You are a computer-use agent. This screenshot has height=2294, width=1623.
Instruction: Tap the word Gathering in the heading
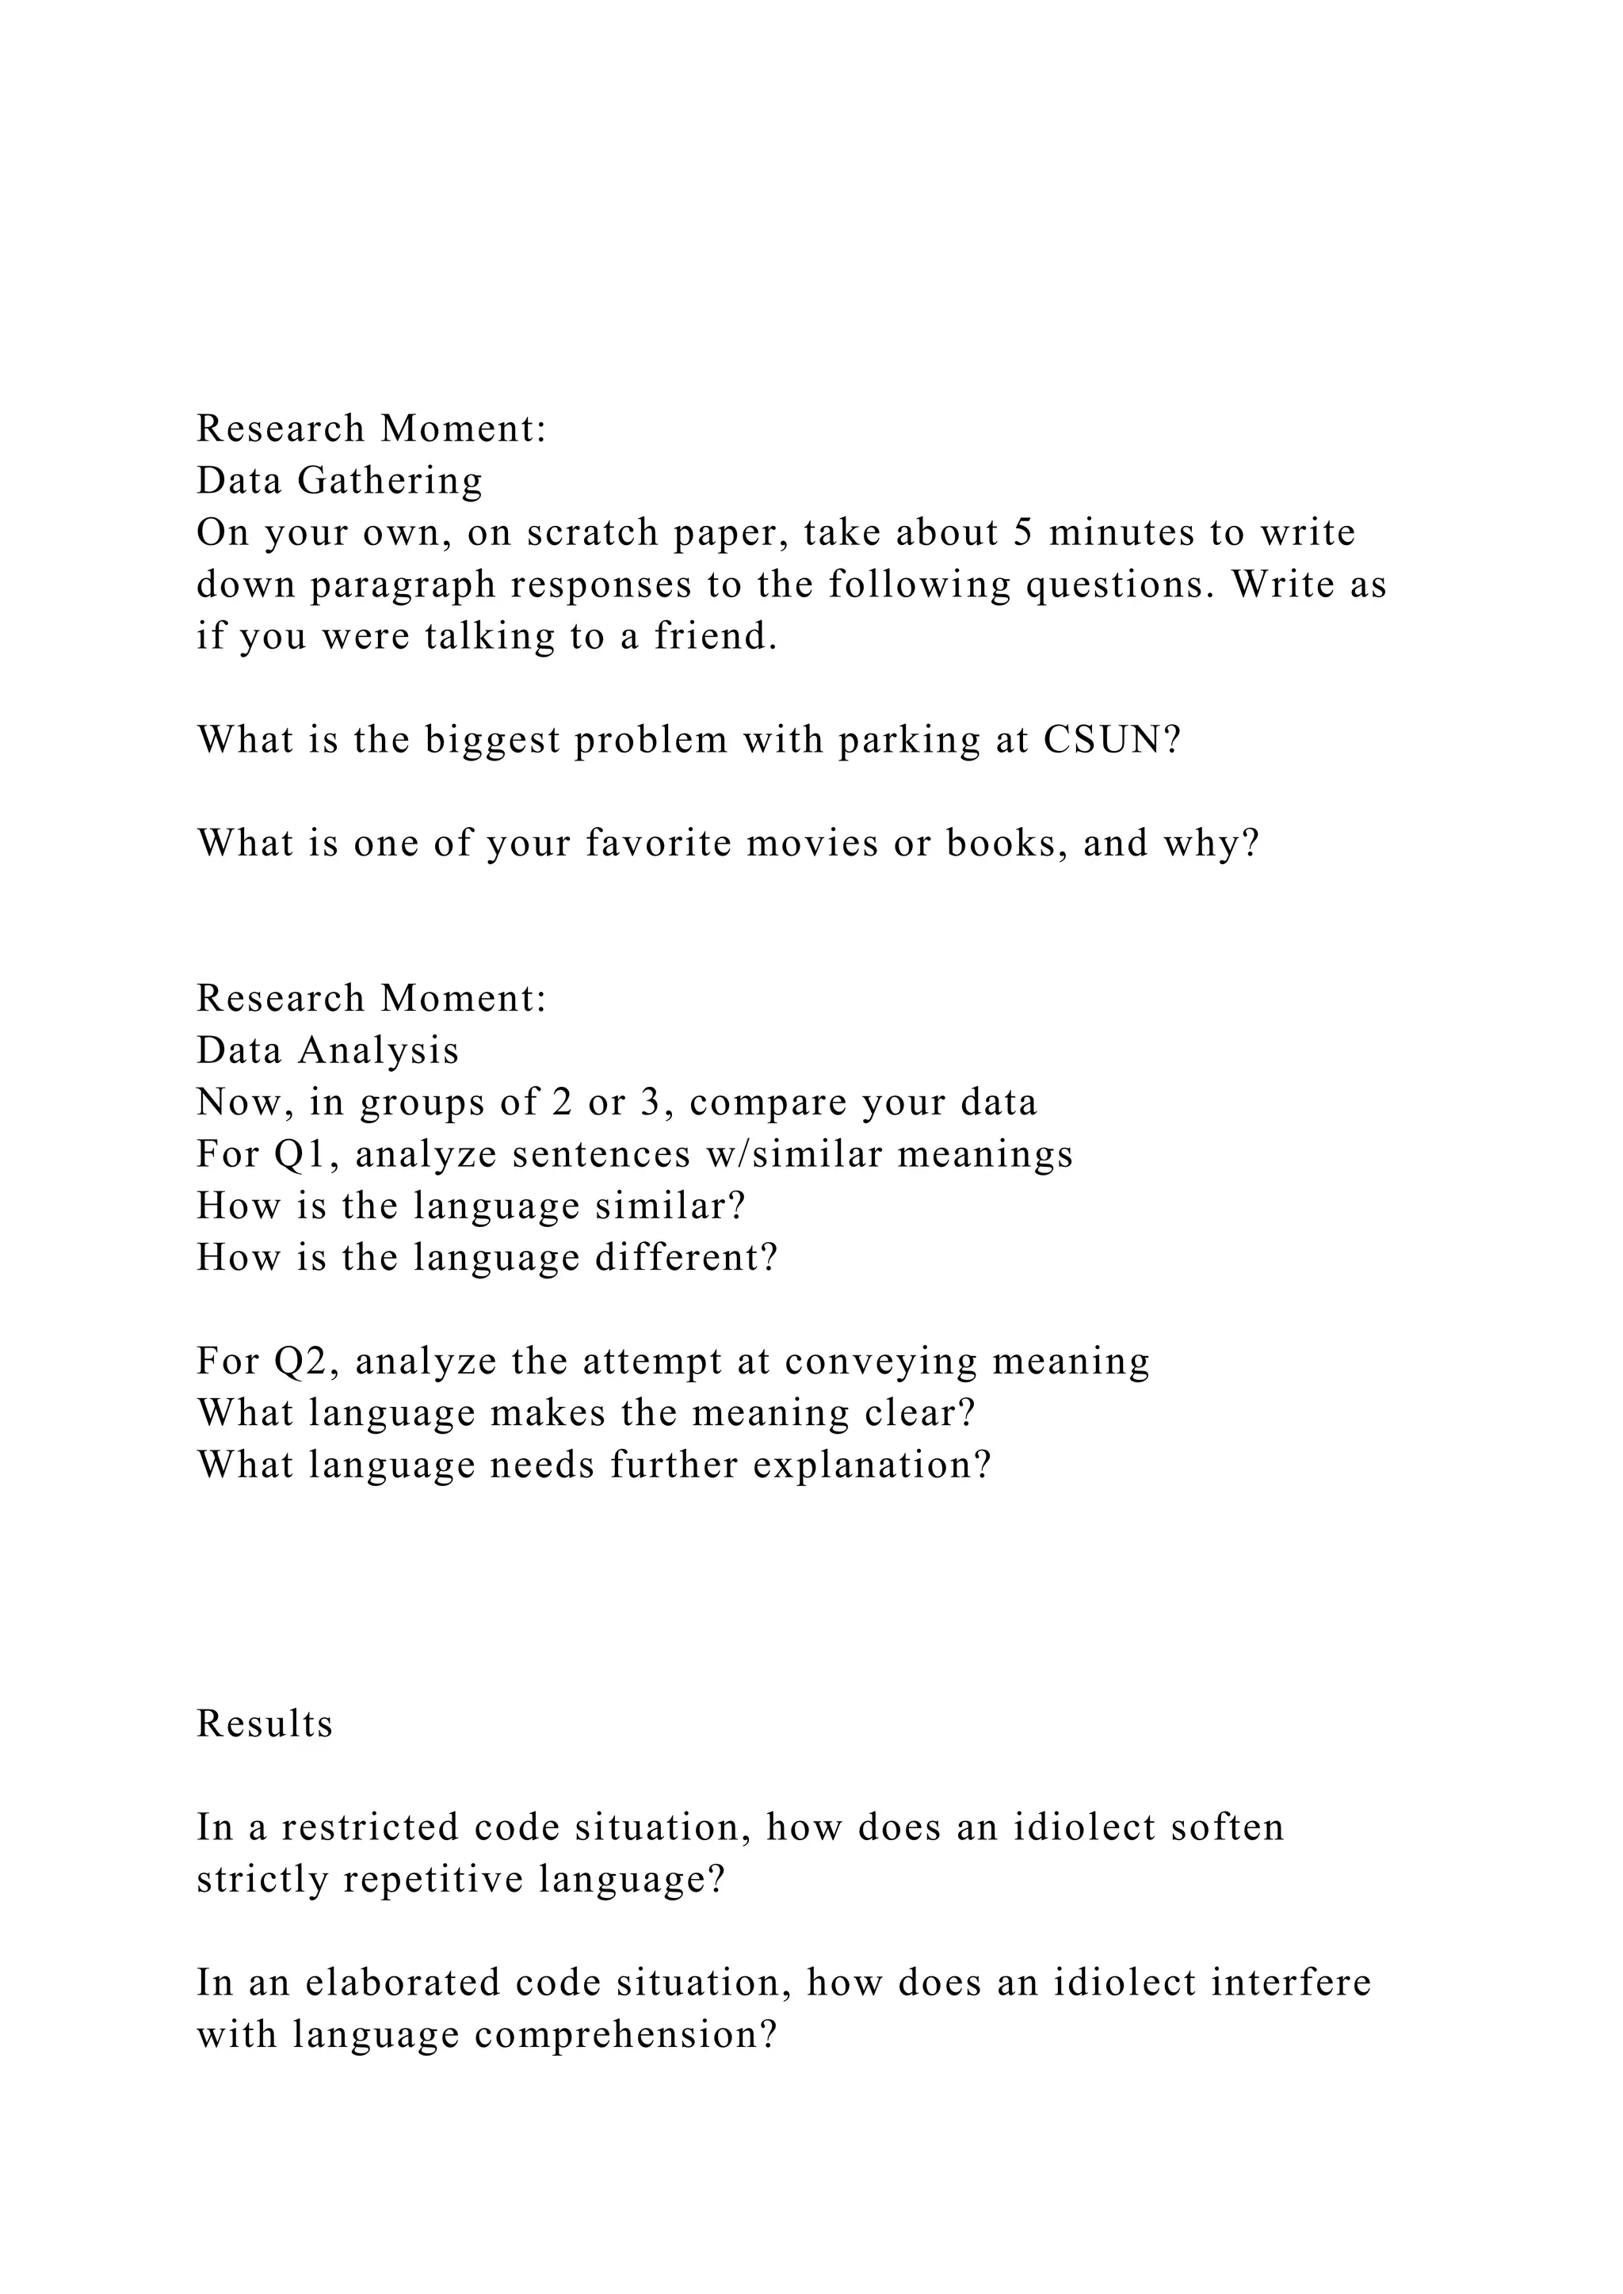391,482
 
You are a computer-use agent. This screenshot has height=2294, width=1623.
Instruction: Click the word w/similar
793,1155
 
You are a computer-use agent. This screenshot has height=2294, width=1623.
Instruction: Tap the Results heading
265,1724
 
